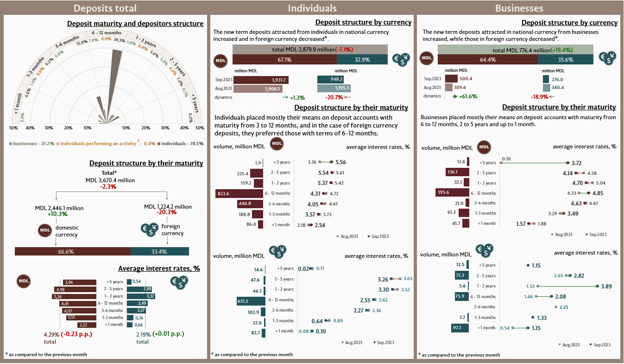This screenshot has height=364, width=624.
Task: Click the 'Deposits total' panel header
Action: coord(105,8)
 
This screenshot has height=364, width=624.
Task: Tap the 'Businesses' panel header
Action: coord(519,8)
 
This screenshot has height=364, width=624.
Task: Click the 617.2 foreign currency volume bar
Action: coord(251,300)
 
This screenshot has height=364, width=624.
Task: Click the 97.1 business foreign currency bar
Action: coord(460,328)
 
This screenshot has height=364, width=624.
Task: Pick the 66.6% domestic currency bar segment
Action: coord(73,251)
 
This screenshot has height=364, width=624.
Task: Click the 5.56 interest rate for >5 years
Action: coord(341,162)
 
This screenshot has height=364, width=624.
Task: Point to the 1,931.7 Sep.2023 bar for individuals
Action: coord(261,80)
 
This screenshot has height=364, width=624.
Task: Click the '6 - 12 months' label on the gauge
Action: coord(107,33)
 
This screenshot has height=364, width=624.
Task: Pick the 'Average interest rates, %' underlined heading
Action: coord(159,268)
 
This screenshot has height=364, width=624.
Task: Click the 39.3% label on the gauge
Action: coord(119,40)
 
